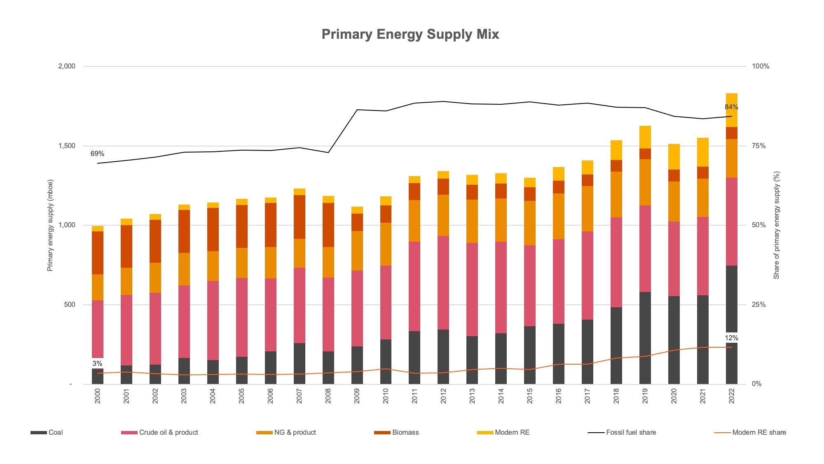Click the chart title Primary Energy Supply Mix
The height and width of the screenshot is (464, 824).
[410, 34]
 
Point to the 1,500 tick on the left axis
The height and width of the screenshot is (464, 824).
[67, 146]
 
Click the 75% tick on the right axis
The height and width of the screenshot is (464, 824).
[758, 146]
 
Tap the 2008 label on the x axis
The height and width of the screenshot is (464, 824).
[328, 396]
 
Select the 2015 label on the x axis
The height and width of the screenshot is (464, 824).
[529, 396]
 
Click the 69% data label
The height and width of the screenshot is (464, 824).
[97, 154]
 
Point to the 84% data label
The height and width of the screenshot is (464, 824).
[731, 107]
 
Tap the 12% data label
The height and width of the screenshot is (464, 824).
[731, 338]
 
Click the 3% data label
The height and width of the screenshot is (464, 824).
[97, 364]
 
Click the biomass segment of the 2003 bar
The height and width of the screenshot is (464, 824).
[184, 231]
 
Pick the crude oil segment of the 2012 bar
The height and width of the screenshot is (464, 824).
[443, 283]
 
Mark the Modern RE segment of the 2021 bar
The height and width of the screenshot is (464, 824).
[702, 152]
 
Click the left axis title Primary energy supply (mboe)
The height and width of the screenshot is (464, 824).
[50, 225]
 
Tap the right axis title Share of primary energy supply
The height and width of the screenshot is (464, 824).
[776, 225]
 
